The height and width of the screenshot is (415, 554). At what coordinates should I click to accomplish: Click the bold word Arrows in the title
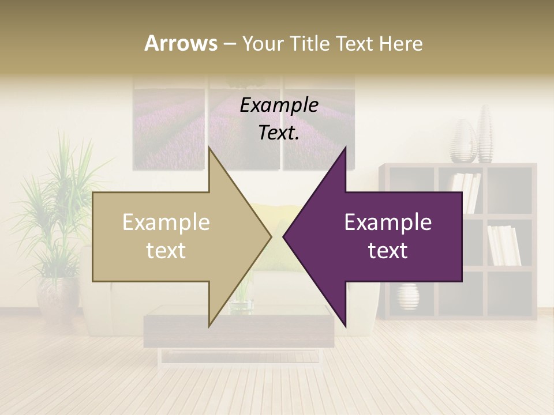(181, 43)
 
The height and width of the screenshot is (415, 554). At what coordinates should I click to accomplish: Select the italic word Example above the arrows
(279, 105)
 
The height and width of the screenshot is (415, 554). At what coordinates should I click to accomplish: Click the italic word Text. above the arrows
(279, 133)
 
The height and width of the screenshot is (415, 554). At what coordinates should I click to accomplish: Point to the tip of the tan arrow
(271, 236)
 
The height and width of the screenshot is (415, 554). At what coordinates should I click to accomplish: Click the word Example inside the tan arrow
(166, 222)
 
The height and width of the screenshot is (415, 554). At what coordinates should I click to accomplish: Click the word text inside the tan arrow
(166, 251)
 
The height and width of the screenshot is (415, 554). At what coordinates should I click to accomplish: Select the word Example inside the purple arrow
(388, 222)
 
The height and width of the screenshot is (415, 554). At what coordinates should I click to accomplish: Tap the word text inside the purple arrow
(388, 251)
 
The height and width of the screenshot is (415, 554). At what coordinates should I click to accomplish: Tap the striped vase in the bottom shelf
(408, 297)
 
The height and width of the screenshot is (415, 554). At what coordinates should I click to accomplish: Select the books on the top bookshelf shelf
(466, 190)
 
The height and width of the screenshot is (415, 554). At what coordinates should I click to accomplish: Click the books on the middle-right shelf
(504, 245)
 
